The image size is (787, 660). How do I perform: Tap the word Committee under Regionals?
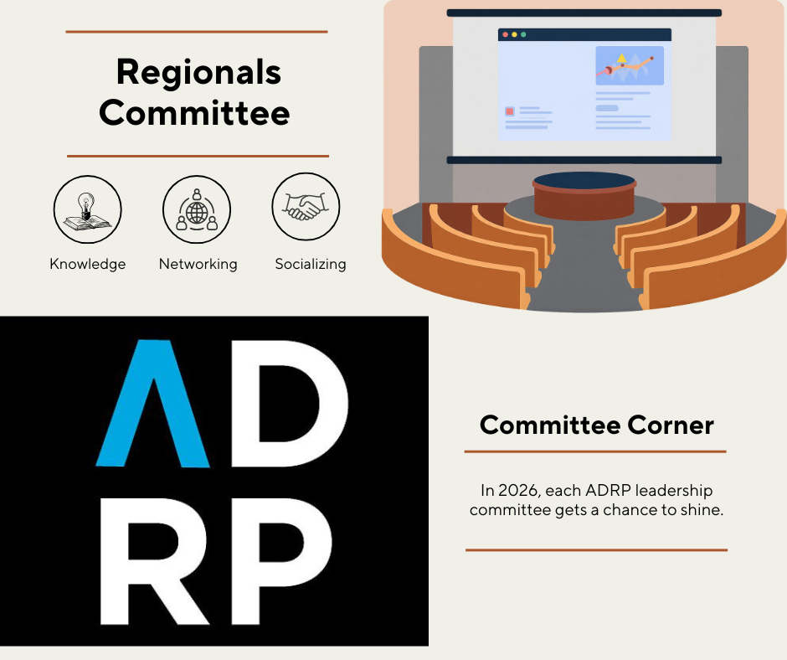[195, 112]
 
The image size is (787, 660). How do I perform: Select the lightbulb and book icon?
[87, 209]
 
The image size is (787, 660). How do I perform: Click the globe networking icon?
[197, 209]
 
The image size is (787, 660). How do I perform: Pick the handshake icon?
[306, 206]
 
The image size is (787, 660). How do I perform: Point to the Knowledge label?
[88, 264]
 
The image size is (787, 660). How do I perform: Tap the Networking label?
[198, 264]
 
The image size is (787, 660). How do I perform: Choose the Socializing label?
[311, 264]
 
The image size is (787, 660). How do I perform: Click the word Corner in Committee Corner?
[671, 425]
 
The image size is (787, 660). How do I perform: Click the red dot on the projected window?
[506, 34]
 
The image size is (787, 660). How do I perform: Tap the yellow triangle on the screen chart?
[622, 58]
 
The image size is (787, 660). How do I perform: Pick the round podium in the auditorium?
[584, 195]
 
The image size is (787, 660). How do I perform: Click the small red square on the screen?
[510, 111]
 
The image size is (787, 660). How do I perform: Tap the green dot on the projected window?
[523, 34]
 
